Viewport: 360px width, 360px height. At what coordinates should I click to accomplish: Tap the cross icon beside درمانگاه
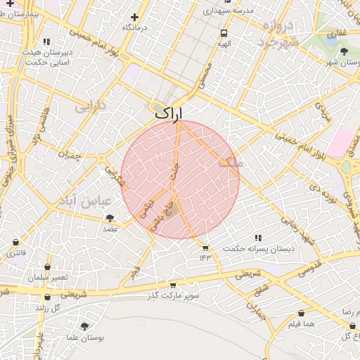click(x=134, y=17)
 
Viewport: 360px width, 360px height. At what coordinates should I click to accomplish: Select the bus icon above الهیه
click(x=224, y=33)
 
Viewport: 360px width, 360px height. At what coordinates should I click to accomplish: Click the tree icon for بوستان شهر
click(x=344, y=51)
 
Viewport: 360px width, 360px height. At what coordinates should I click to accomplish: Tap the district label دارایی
click(x=90, y=108)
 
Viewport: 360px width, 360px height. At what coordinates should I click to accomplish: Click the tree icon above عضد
click(x=110, y=219)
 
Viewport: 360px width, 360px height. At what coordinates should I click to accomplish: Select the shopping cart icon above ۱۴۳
click(x=205, y=247)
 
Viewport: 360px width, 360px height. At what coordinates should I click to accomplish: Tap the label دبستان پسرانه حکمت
click(x=258, y=249)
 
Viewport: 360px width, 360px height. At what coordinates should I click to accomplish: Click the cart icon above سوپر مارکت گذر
click(x=172, y=285)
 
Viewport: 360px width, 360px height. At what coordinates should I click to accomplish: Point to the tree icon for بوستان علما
click(x=85, y=326)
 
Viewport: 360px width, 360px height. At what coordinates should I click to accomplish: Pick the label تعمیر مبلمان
click(x=49, y=277)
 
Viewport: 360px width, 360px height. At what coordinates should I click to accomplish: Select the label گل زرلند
click(x=50, y=307)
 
